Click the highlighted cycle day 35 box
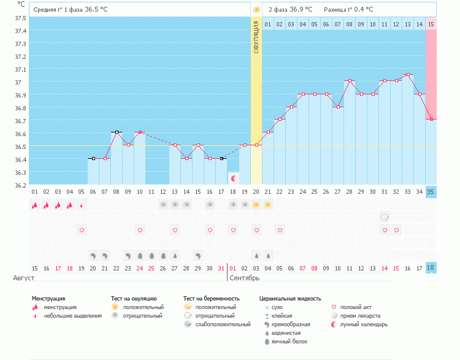(431, 192)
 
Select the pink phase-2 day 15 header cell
(431, 24)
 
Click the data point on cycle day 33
(408, 75)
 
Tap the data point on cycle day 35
(431, 119)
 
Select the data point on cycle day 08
(117, 132)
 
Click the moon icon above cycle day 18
(234, 177)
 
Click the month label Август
(24, 278)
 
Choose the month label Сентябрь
(243, 278)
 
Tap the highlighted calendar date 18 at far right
(431, 268)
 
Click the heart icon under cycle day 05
(82, 230)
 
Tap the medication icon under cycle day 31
(385, 217)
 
